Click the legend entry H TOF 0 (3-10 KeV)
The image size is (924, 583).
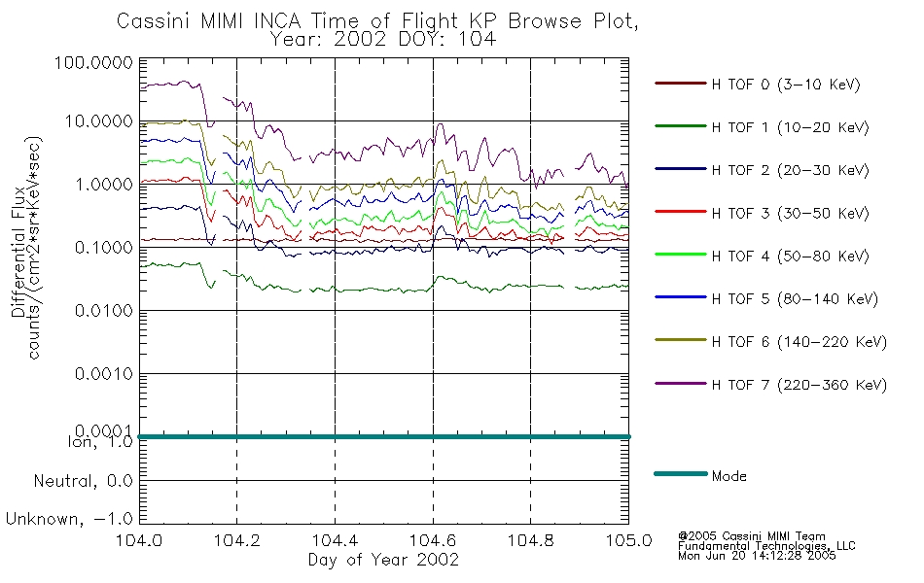(786, 85)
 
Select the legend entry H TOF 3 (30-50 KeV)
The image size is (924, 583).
(790, 213)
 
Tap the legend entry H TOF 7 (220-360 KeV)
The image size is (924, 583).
(800, 385)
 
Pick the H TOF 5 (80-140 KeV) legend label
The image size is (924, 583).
(795, 298)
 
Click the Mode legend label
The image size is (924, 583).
(729, 476)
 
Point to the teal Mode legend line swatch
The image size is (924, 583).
(681, 473)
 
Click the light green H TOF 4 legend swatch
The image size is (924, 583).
(681, 255)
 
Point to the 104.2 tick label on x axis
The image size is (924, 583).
(237, 540)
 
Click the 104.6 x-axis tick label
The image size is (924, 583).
(433, 540)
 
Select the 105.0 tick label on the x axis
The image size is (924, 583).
(628, 540)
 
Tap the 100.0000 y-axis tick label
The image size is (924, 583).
(93, 62)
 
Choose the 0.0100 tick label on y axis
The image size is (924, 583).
(104, 310)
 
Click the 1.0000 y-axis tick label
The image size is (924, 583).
(104, 185)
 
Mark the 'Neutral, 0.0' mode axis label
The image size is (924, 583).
(83, 481)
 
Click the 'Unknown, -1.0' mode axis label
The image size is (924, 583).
(69, 519)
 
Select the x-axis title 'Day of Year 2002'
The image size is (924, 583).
(383, 560)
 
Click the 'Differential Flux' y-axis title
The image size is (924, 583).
(18, 252)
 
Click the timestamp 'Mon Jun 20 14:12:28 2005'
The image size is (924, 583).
(757, 556)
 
